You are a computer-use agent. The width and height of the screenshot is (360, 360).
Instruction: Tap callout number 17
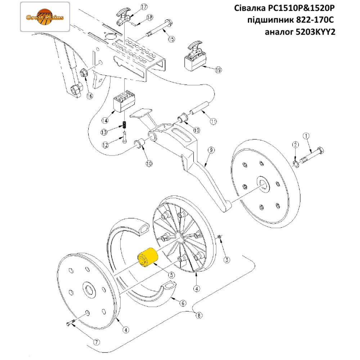click(134, 7)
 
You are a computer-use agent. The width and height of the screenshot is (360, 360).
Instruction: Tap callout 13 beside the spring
click(104, 132)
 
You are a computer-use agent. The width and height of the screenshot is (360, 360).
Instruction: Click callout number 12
click(105, 145)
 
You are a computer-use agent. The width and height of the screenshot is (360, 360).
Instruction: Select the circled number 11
click(213, 121)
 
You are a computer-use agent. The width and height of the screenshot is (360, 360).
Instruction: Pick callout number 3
click(226, 259)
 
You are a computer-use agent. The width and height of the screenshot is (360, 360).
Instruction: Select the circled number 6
click(183, 303)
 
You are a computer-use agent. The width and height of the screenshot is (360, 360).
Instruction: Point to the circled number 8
click(198, 316)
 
